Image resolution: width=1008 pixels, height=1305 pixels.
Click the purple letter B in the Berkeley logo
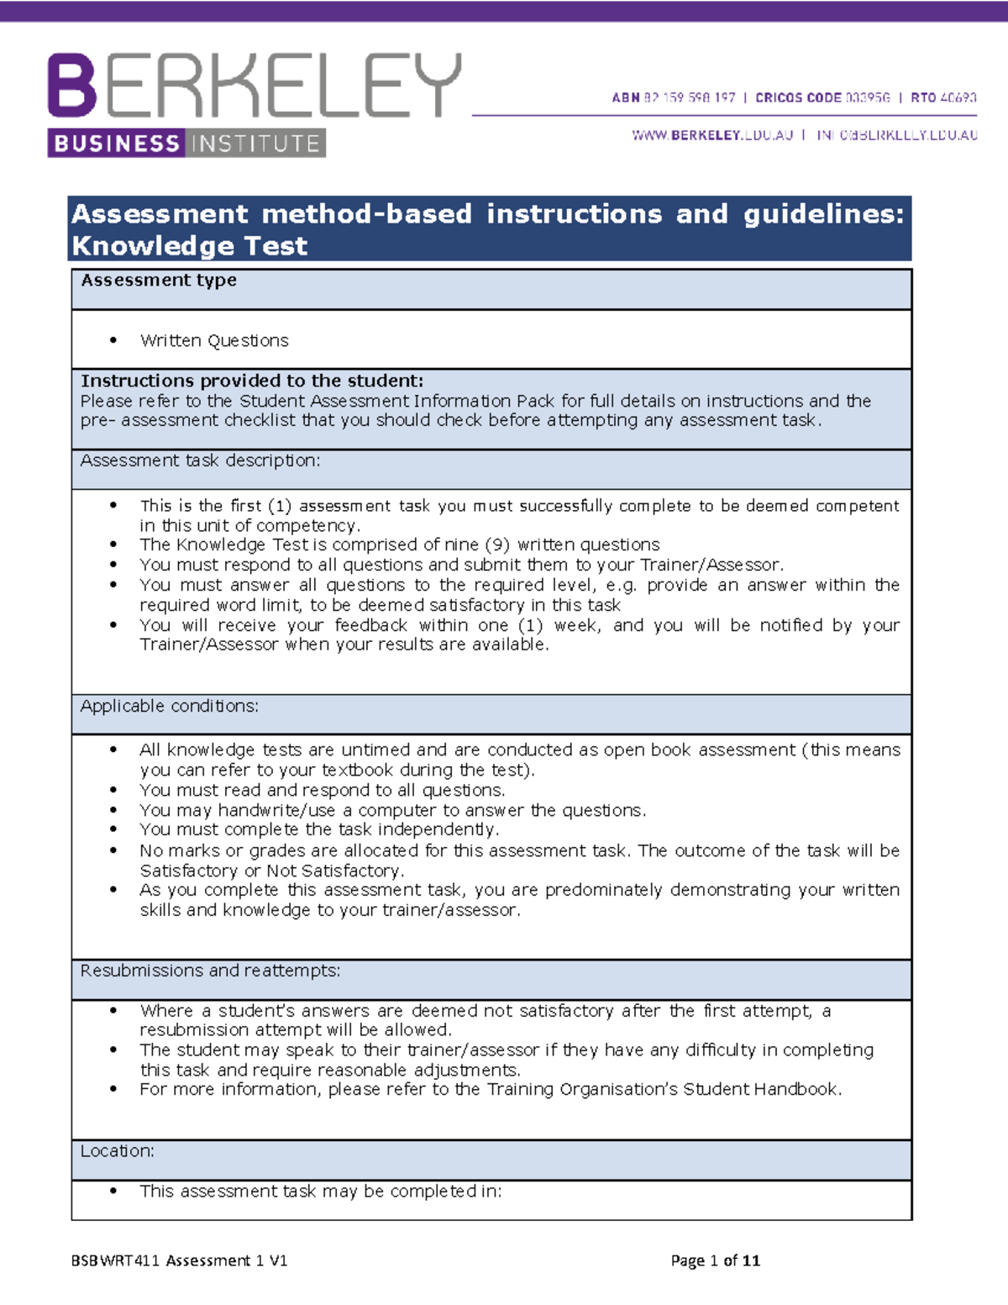[x=72, y=85]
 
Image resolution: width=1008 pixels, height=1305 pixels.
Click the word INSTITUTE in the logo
[x=255, y=144]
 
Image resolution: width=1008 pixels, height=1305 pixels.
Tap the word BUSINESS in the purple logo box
[x=117, y=144]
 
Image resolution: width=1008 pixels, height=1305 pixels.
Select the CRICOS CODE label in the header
[x=798, y=97]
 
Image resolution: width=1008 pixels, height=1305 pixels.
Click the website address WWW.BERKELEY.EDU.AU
[x=712, y=134]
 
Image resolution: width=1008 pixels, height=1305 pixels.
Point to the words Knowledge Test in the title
[x=190, y=245]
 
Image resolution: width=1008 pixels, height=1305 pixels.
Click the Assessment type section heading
[x=159, y=280]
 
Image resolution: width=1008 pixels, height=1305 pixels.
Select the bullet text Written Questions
[x=214, y=340]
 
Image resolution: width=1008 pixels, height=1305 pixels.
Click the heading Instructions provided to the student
[x=252, y=381]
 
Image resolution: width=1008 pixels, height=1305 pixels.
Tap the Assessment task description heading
[x=200, y=460]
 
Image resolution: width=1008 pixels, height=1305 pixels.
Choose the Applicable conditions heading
[x=169, y=706]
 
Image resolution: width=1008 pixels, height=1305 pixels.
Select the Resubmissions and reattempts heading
[x=210, y=971]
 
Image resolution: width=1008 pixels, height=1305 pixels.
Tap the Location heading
[x=117, y=1151]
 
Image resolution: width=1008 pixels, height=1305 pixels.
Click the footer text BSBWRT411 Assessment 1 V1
[x=180, y=1260]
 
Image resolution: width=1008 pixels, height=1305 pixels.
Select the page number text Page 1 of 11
[x=716, y=1260]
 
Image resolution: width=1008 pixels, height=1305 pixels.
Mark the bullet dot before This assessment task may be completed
[x=113, y=1191]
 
